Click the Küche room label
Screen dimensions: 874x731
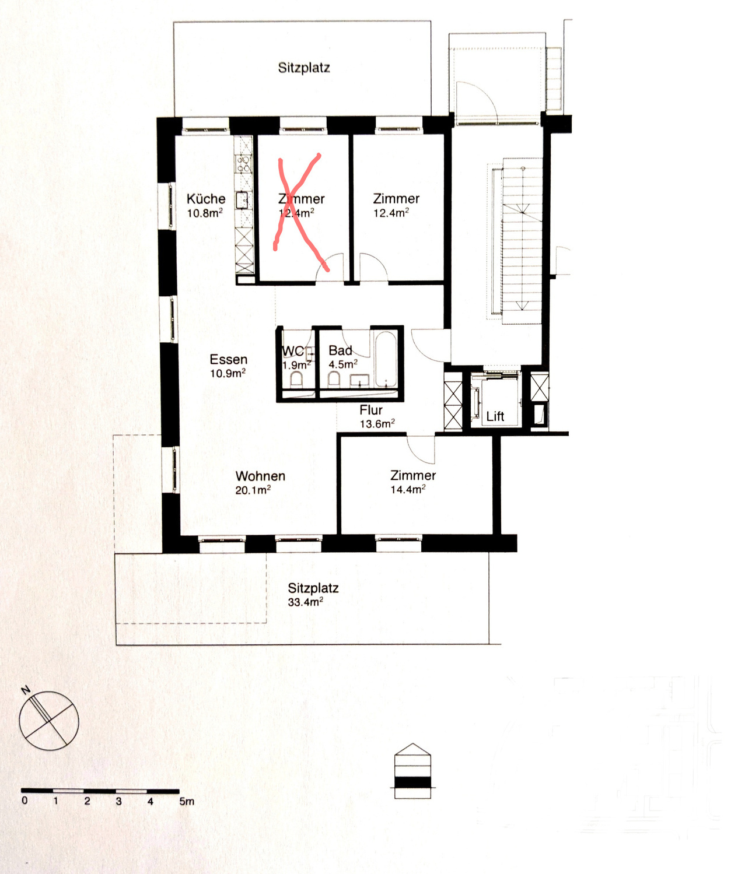[x=205, y=199]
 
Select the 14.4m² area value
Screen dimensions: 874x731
[x=408, y=490]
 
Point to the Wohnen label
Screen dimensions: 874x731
[x=260, y=476]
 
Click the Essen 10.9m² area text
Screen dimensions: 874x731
[x=228, y=374]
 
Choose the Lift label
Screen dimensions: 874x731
[x=495, y=416]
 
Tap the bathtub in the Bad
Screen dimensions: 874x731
[x=386, y=359]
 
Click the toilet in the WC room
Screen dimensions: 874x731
[x=296, y=380]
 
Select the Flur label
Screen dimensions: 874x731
[x=370, y=410]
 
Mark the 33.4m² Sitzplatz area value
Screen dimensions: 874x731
[x=305, y=602]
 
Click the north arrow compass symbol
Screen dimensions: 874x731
[x=48, y=720]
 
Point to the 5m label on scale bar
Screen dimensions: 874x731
[x=187, y=802]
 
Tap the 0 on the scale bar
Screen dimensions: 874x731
[x=25, y=801]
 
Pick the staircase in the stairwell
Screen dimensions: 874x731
[x=522, y=239]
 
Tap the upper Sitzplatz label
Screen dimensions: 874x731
[x=304, y=68]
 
